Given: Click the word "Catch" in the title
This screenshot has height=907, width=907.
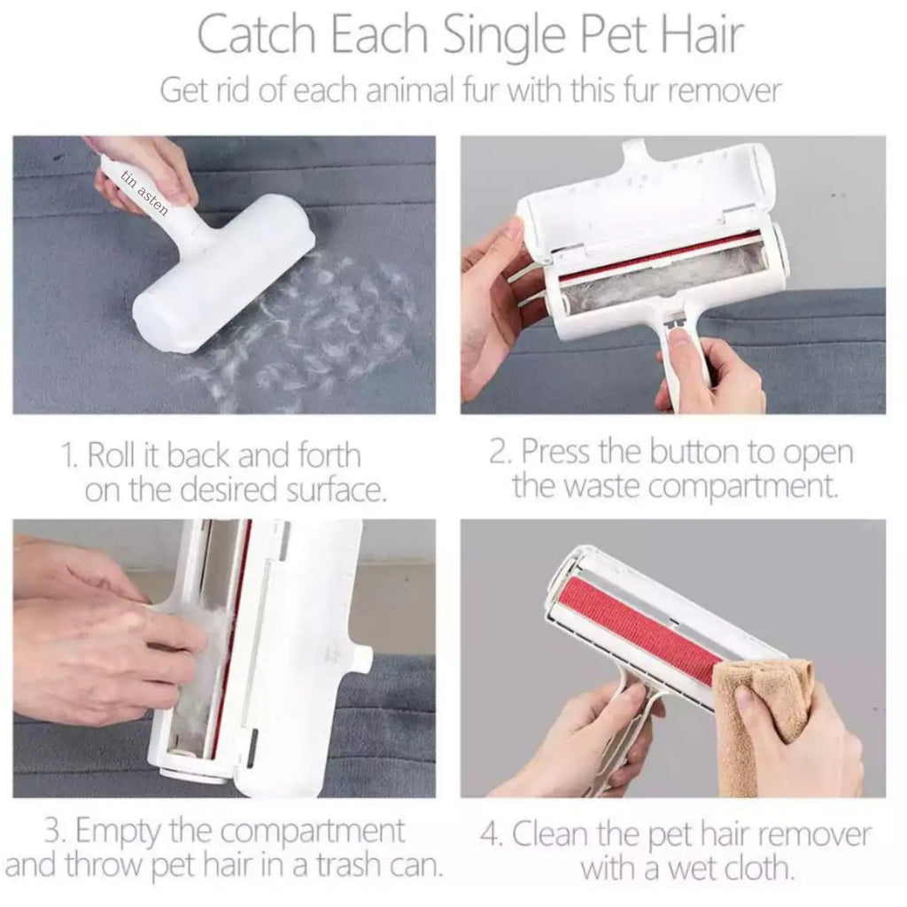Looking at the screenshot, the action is click(x=258, y=35).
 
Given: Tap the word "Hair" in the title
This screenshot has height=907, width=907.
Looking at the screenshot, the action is click(x=702, y=35).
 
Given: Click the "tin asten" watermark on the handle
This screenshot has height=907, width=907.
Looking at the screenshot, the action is click(x=144, y=192).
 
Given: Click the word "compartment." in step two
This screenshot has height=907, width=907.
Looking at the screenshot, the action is click(x=743, y=487).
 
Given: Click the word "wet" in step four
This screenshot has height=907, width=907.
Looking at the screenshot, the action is click(x=690, y=869).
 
